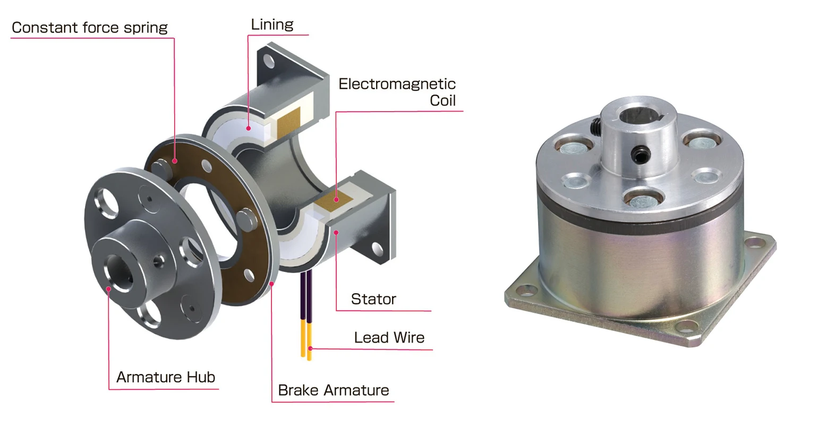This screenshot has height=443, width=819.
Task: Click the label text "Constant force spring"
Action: click(x=89, y=28)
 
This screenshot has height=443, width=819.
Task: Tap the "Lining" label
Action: click(x=272, y=24)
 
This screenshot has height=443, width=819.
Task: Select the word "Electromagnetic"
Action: click(x=397, y=84)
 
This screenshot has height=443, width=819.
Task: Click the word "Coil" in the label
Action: click(x=442, y=100)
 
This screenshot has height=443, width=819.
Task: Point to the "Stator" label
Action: click(x=373, y=299)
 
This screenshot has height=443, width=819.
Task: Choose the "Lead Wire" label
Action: click(x=389, y=338)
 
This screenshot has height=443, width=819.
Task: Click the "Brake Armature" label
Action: click(x=333, y=390)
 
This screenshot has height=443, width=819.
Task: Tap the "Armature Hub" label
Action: click(x=166, y=377)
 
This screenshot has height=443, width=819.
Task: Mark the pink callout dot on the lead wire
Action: click(x=310, y=348)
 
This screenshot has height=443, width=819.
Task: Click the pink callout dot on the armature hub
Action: click(x=108, y=289)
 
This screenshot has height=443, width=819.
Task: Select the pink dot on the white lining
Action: click(x=248, y=128)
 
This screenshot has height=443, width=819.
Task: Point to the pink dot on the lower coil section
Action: click(x=336, y=200)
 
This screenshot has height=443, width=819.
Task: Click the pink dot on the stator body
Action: click(x=336, y=232)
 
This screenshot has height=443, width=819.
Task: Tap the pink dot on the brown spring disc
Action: click(x=174, y=161)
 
